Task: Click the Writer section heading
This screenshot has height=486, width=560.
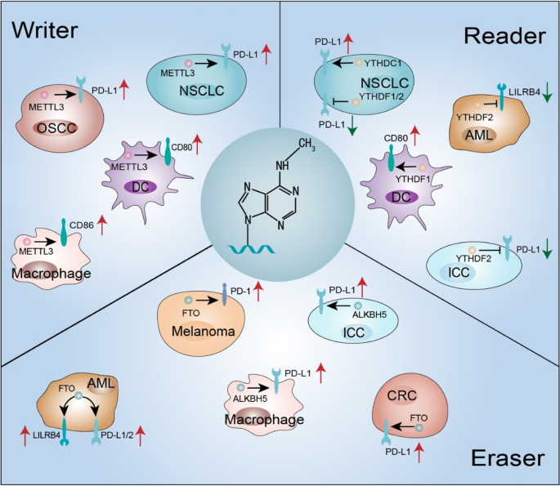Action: pos(45,30)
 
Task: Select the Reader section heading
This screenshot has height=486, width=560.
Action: pos(504,36)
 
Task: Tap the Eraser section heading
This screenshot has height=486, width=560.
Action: pos(508,457)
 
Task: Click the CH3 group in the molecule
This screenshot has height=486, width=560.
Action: pos(307,144)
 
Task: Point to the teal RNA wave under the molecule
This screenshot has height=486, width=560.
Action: pos(252,249)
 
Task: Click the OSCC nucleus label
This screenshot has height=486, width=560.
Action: pos(56,127)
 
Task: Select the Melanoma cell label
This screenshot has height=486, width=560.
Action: pos(204,331)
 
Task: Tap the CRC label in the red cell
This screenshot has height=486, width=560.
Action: pos(401,395)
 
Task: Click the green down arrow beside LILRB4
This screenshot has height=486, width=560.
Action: pos(547,94)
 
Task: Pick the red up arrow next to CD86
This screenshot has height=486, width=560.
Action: pos(102,225)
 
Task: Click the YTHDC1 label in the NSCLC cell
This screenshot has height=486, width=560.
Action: pos(383,63)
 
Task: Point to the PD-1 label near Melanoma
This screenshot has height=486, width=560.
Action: pos(240,291)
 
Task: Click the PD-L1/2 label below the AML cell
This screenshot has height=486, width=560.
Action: pos(117,435)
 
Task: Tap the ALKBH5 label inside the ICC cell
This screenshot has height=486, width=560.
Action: pos(370,314)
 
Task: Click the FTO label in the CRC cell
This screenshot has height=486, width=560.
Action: pos(419,418)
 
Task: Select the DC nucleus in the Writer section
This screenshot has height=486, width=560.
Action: pos(141,187)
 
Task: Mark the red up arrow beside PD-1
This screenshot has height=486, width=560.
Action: pos(258,291)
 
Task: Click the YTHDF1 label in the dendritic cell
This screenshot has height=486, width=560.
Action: pos(413,179)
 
